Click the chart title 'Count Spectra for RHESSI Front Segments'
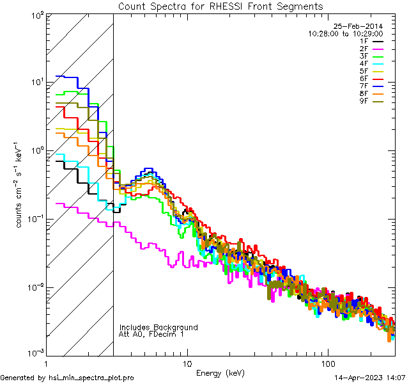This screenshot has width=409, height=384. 220,6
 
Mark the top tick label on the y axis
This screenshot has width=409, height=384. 37,15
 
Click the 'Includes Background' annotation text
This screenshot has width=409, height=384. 158,327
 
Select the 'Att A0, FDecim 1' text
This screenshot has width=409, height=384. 151,334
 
